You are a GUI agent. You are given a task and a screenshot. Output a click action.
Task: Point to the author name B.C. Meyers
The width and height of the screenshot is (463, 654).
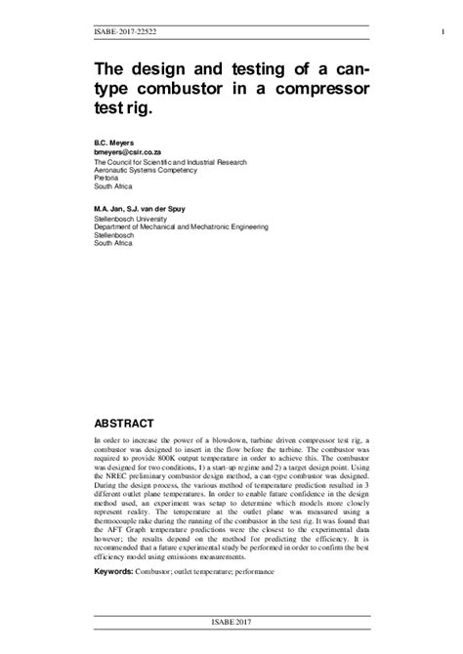pos(111,142)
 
